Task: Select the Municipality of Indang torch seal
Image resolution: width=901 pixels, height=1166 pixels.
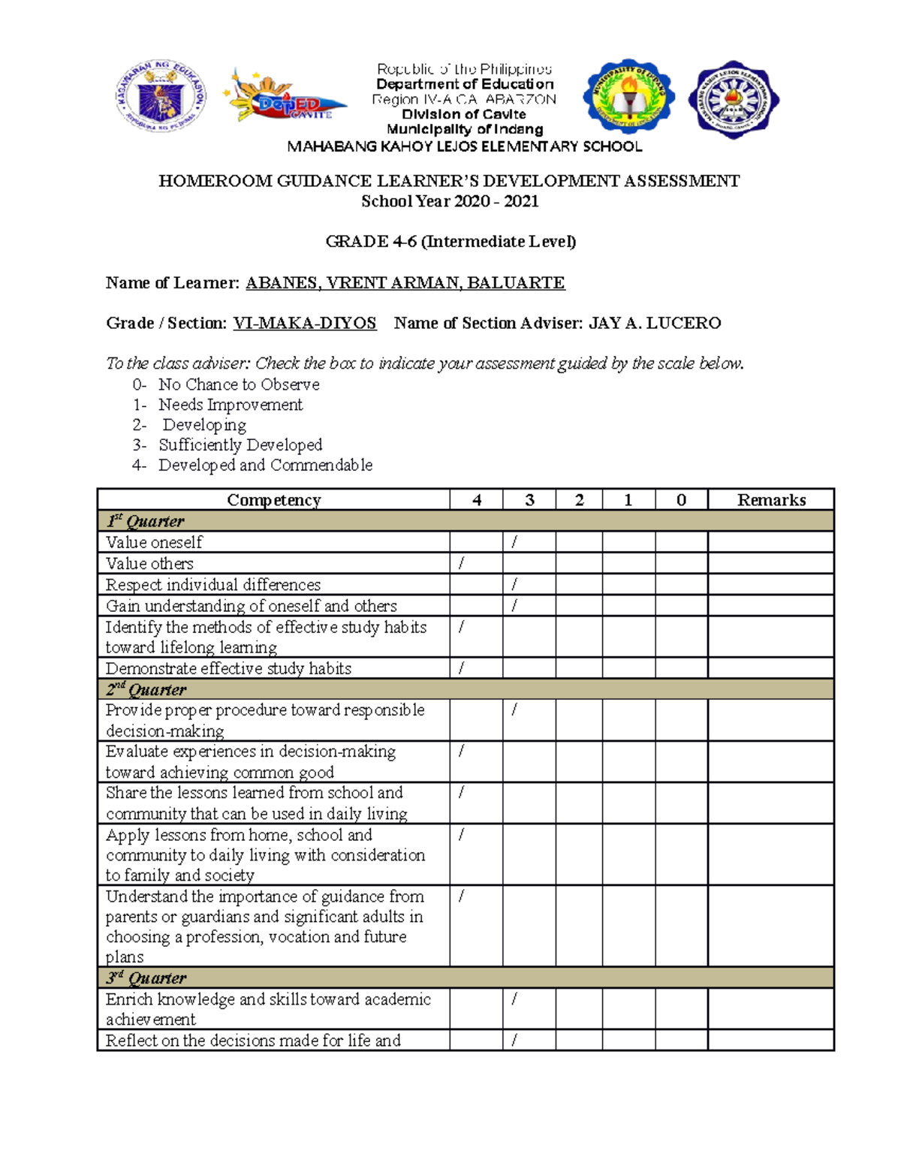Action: click(x=628, y=97)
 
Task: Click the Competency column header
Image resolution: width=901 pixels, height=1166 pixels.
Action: click(x=273, y=500)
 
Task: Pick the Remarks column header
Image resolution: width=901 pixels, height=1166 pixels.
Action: click(x=771, y=500)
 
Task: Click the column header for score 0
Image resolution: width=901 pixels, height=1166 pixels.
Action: click(x=681, y=500)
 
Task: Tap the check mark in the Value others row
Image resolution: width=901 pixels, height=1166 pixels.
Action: click(x=461, y=563)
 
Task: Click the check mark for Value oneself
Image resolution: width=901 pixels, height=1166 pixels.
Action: click(x=514, y=542)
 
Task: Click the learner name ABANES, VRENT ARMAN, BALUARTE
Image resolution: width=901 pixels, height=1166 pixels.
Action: click(x=405, y=283)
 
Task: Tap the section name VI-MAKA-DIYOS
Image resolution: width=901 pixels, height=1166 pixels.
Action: click(x=305, y=324)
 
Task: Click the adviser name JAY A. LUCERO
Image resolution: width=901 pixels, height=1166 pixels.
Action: click(x=655, y=324)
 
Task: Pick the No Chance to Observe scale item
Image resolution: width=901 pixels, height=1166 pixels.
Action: click(x=239, y=384)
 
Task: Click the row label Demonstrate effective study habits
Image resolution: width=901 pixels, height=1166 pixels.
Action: click(x=228, y=668)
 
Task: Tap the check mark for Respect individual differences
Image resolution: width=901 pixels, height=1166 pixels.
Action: click(x=514, y=584)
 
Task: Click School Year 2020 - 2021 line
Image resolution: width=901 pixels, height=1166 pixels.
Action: click(x=450, y=201)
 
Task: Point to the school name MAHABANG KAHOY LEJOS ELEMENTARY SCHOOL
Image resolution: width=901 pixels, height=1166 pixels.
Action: click(x=465, y=146)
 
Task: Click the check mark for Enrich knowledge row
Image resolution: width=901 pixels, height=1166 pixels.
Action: click(x=514, y=999)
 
